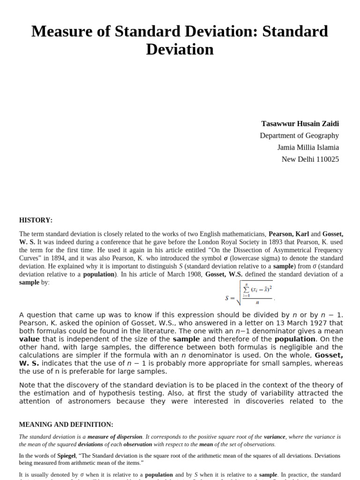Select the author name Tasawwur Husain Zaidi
(x=300, y=124)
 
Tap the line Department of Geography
(x=299, y=135)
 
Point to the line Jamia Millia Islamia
(x=308, y=147)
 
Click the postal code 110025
(x=324, y=159)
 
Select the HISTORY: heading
(x=36, y=220)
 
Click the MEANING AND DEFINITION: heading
(x=66, y=425)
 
